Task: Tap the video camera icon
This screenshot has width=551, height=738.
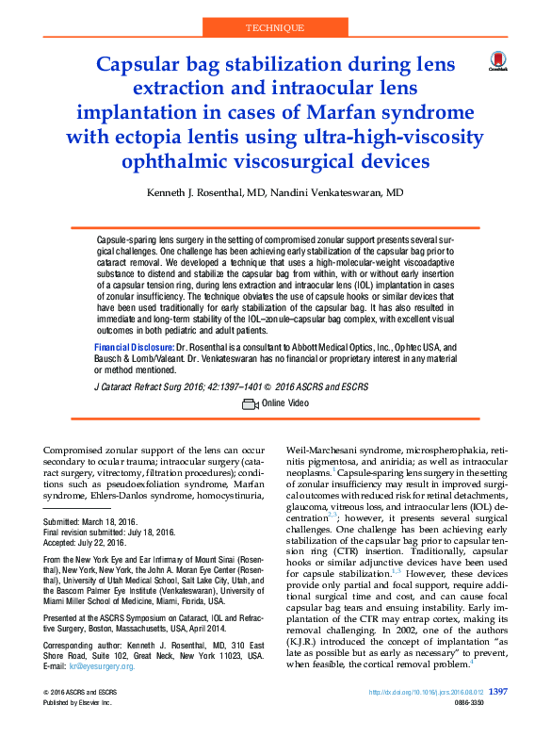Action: pyautogui.click(x=250, y=403)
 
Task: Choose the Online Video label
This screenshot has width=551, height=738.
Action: pyautogui.click(x=285, y=403)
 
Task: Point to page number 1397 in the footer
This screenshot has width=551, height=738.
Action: pyautogui.click(x=500, y=718)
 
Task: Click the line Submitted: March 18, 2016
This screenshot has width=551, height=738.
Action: pyautogui.click(x=90, y=521)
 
